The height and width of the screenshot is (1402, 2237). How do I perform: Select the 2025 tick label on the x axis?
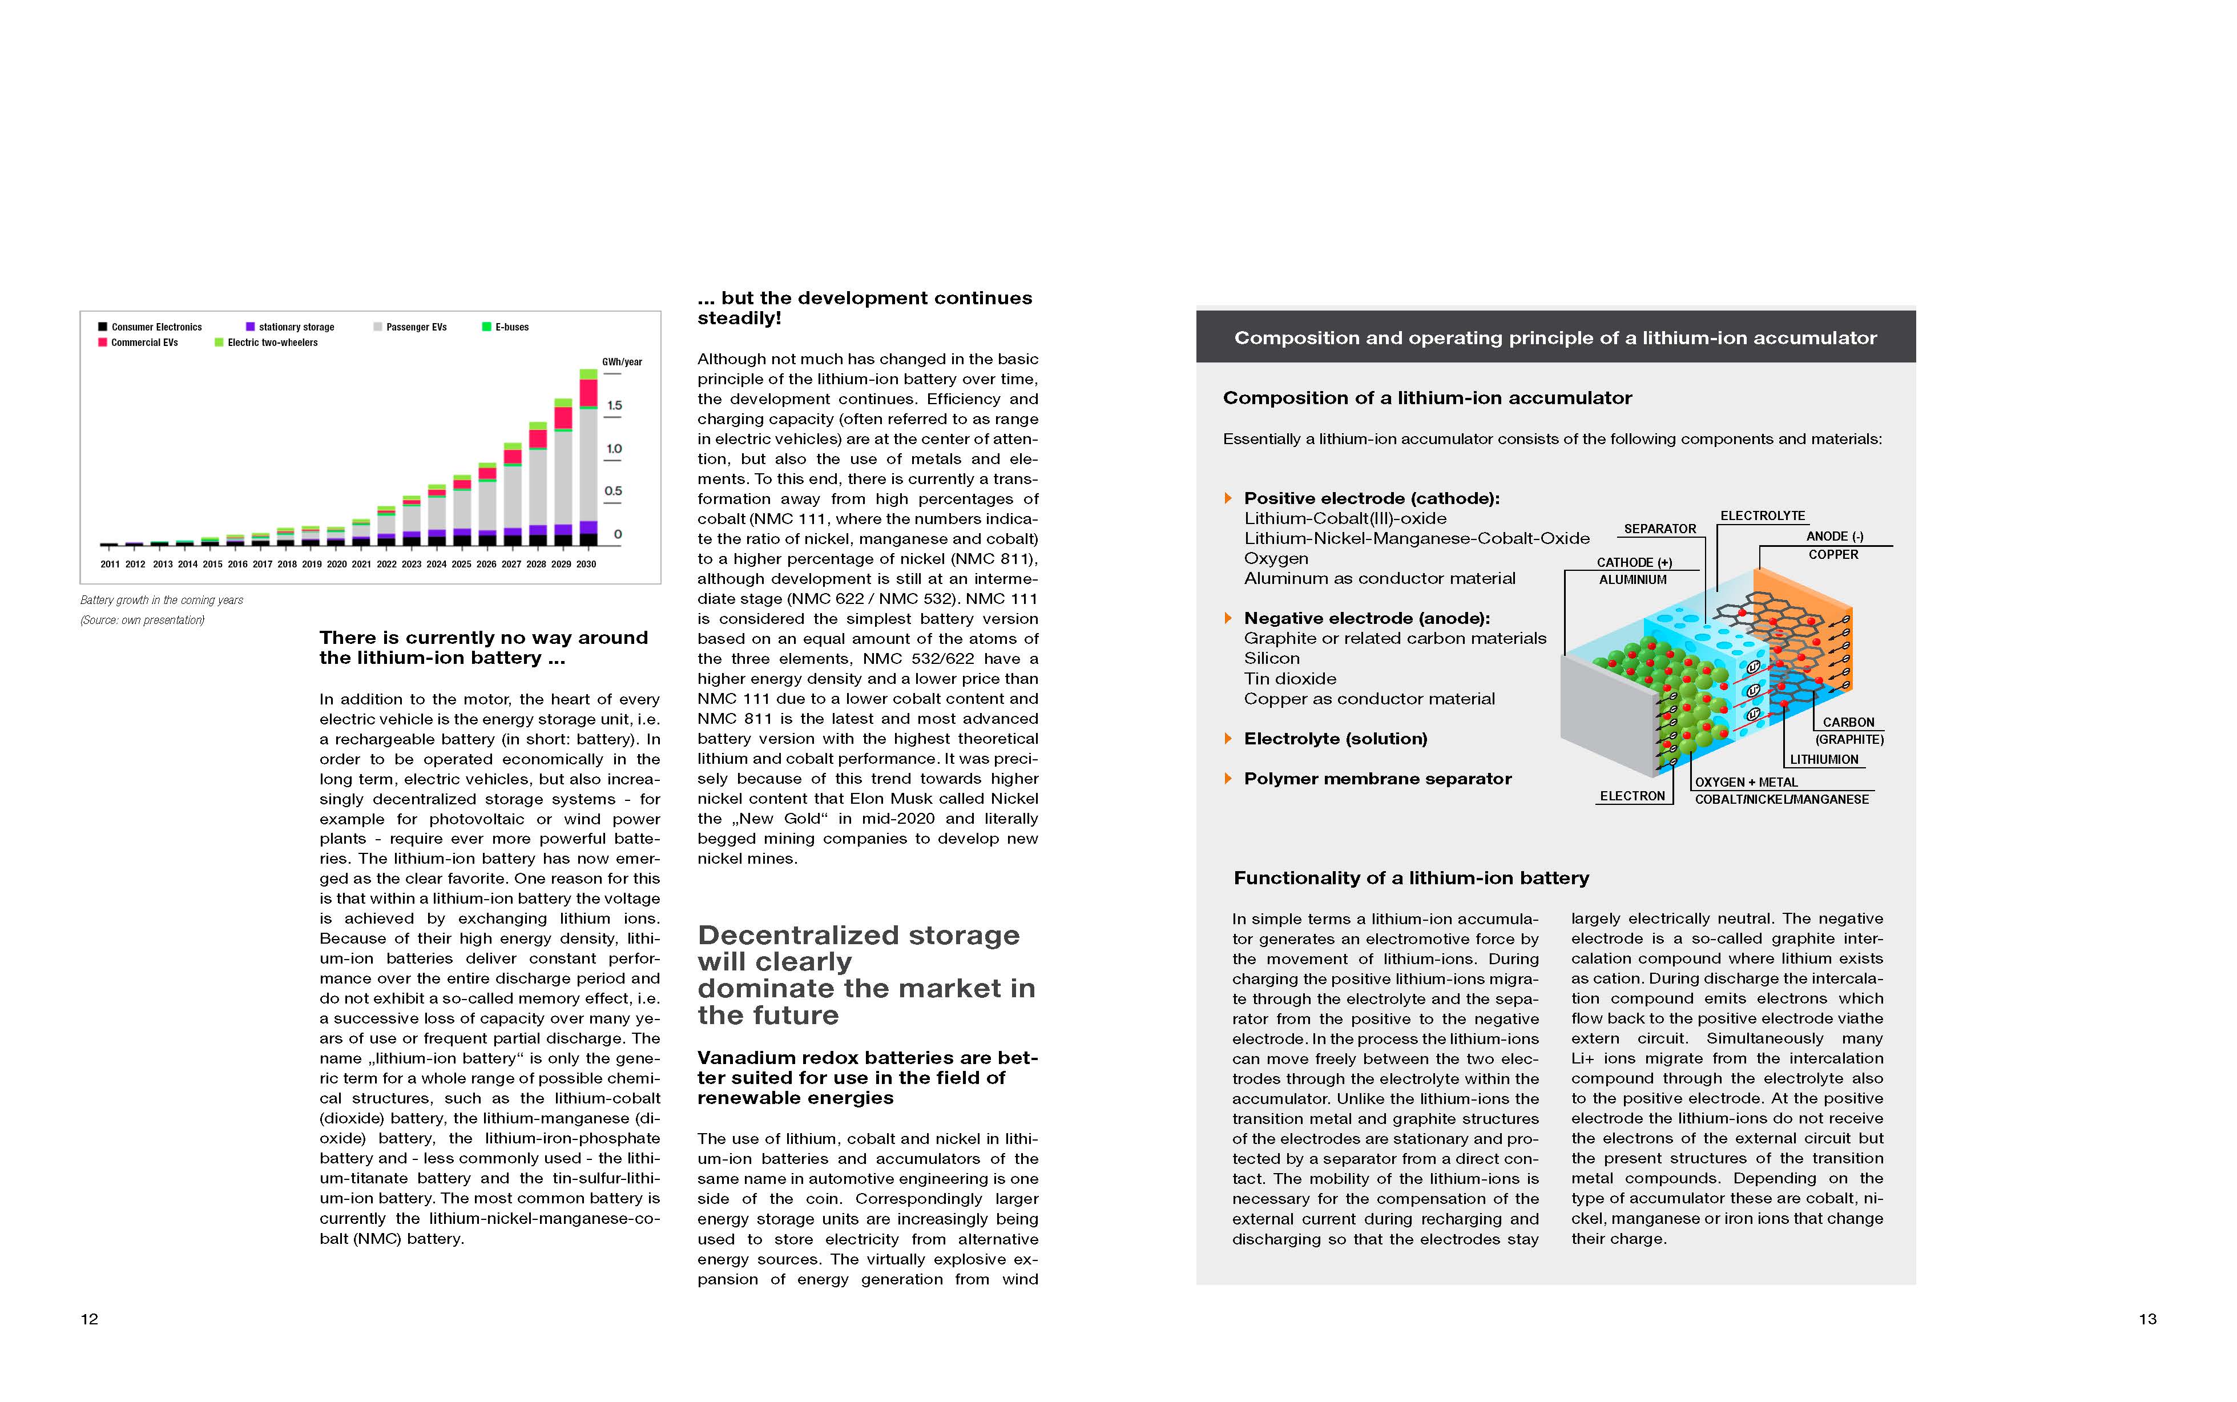pyautogui.click(x=461, y=564)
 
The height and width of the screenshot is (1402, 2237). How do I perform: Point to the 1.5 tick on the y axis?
pyautogui.click(x=614, y=405)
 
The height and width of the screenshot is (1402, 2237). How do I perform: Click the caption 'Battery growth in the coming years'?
pyautogui.click(x=162, y=600)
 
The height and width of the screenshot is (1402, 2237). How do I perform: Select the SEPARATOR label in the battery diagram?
pyautogui.click(x=1659, y=529)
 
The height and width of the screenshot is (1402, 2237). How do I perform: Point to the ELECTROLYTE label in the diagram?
pyautogui.click(x=1762, y=515)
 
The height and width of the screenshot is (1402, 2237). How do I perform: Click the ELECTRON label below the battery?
pyautogui.click(x=1631, y=796)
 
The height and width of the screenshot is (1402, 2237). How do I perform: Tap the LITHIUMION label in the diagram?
pyautogui.click(x=1824, y=759)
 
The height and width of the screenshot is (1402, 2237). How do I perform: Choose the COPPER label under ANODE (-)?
pyautogui.click(x=1833, y=554)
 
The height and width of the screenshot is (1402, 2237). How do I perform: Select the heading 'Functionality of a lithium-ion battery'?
pyautogui.click(x=1411, y=878)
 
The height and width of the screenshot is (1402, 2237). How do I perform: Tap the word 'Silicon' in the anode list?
pyautogui.click(x=1271, y=658)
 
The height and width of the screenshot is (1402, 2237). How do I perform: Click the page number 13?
pyautogui.click(x=2147, y=1319)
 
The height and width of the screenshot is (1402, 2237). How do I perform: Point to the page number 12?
pyautogui.click(x=89, y=1319)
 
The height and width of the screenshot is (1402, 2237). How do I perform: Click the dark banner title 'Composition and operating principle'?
pyautogui.click(x=1555, y=337)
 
